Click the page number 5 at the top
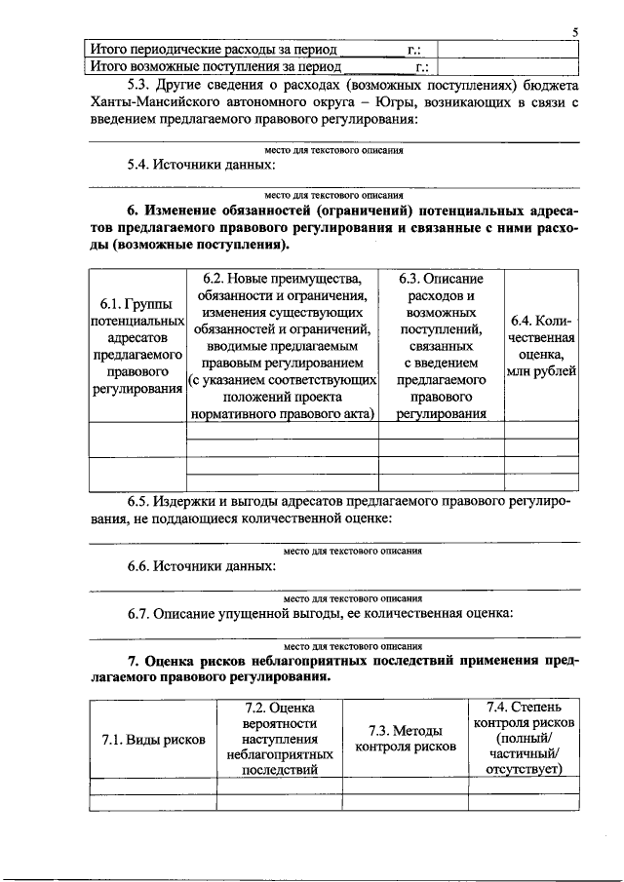tap(575, 32)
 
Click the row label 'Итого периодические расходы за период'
tap(214, 50)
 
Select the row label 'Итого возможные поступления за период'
tap(215, 67)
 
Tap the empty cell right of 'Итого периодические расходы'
tap(507, 50)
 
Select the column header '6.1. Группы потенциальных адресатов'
tap(136, 346)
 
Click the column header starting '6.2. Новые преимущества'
tap(282, 346)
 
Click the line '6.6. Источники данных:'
tap(201, 565)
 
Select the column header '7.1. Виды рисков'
tap(153, 740)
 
